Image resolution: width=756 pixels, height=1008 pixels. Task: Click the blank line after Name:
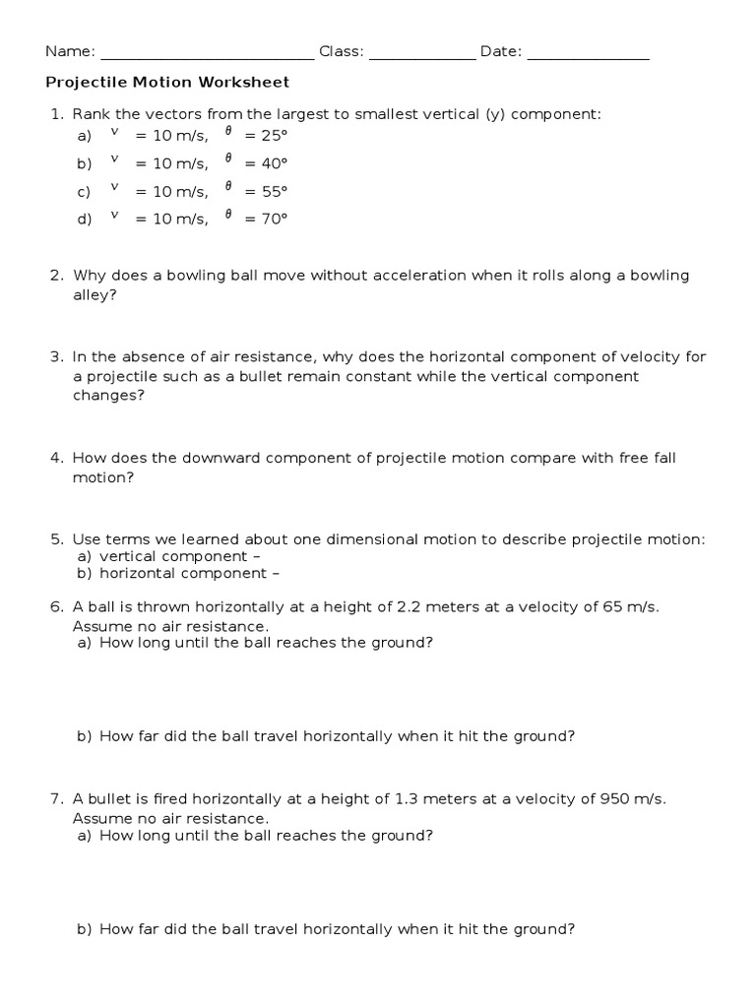[x=207, y=57]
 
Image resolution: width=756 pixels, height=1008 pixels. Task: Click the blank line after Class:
[x=421, y=57]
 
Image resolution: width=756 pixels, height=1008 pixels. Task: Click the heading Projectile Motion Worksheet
[x=167, y=84]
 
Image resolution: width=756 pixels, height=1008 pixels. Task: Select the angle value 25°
[x=272, y=137]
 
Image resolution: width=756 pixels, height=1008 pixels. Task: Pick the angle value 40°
[x=272, y=164]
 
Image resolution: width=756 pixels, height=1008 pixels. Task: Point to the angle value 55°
[x=272, y=192]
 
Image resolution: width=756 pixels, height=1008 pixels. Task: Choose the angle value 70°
[x=272, y=220]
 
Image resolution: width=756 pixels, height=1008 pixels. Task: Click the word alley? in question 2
[x=94, y=294]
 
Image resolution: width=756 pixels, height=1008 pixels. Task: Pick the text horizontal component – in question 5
[x=183, y=573]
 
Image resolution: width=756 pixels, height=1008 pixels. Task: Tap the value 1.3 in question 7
[x=408, y=799]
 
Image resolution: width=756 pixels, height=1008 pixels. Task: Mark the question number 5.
[x=56, y=539]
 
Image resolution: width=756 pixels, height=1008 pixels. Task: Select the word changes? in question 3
[x=109, y=396]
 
